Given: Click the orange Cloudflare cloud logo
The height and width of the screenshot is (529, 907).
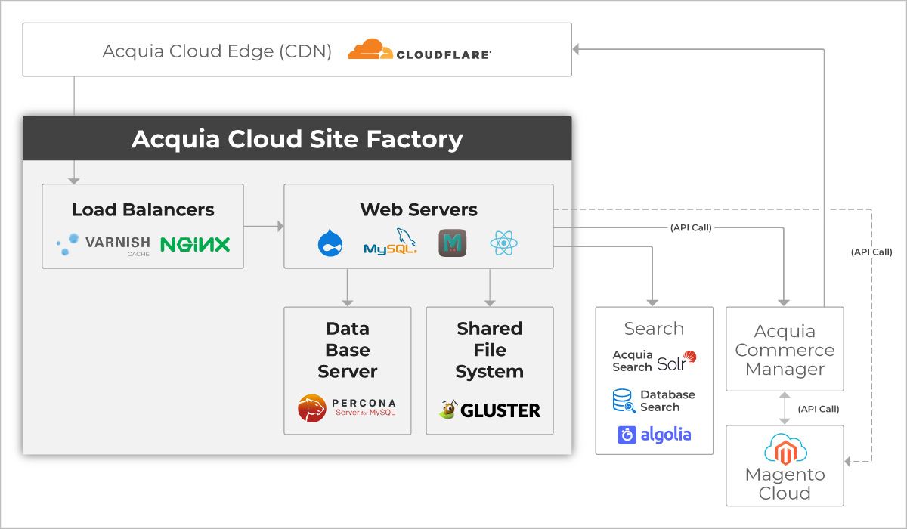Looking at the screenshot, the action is [x=370, y=49].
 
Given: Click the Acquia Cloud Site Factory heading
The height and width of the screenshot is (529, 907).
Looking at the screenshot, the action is [x=297, y=139].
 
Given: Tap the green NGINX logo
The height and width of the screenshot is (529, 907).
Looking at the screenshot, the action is [x=195, y=244].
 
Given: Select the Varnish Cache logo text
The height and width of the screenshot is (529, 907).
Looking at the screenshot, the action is [x=117, y=246].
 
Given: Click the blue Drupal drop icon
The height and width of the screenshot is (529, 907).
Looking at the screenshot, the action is [x=330, y=243].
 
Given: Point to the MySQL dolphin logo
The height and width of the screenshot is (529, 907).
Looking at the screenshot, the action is [x=390, y=242].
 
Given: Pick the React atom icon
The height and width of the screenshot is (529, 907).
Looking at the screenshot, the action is [x=503, y=243].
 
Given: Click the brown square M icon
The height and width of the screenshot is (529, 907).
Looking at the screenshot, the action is [x=452, y=243].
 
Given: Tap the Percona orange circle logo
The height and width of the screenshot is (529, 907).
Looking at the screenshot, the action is [x=311, y=408].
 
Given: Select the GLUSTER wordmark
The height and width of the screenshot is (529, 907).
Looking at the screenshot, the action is [x=500, y=410].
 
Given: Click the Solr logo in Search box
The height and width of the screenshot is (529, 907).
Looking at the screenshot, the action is [x=676, y=361].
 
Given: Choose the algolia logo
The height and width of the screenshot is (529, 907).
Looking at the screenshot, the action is [x=655, y=435].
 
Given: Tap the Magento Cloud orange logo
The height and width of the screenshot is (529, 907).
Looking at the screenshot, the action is [x=785, y=452].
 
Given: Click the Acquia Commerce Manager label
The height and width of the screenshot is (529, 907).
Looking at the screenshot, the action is [x=785, y=350].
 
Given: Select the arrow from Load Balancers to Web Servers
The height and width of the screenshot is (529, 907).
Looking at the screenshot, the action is [x=264, y=226].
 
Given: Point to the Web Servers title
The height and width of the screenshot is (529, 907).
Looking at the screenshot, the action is [x=419, y=209].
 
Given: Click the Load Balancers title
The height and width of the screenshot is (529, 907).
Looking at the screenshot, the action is [x=143, y=209].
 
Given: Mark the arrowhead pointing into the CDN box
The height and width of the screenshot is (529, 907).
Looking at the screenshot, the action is [x=576, y=49].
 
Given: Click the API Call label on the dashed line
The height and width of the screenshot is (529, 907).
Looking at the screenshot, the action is [x=871, y=252].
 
